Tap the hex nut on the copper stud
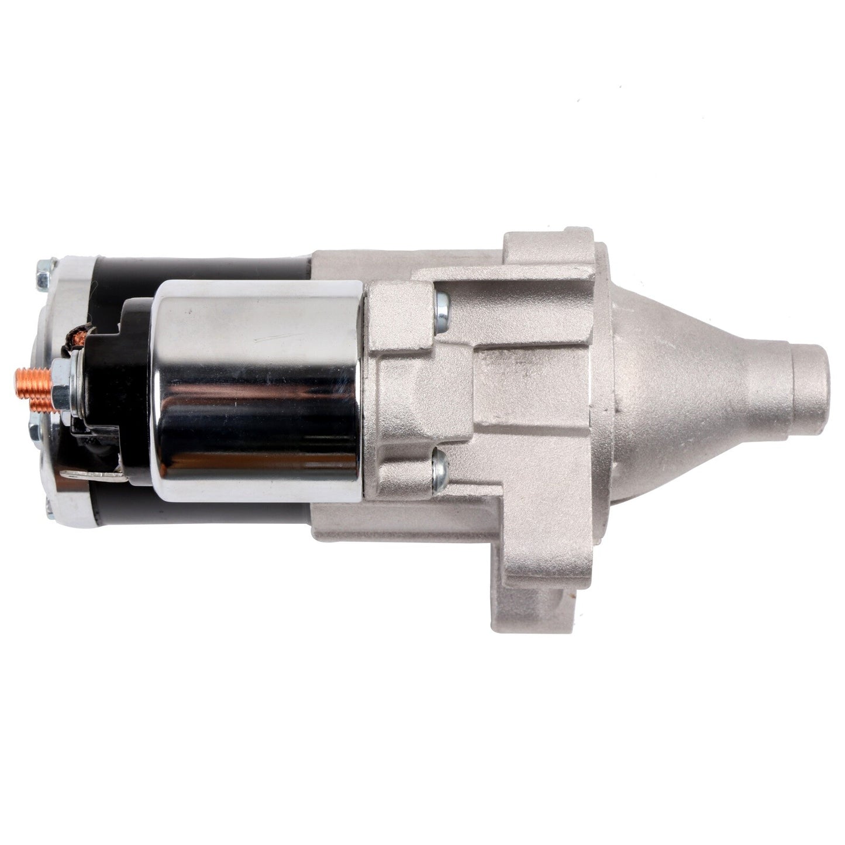60,387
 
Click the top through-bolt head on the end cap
44,275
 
